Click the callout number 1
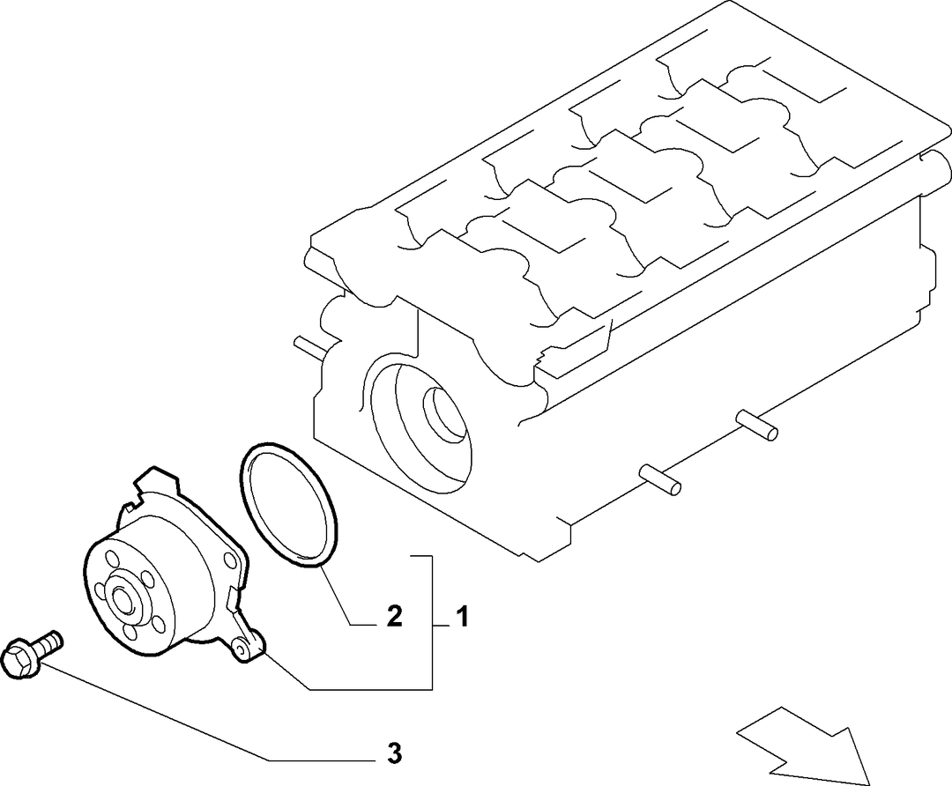tap(463, 618)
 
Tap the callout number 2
tap(394, 618)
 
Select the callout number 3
tap(394, 753)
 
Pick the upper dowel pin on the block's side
tap(757, 424)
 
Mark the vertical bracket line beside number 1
tap(432, 622)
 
